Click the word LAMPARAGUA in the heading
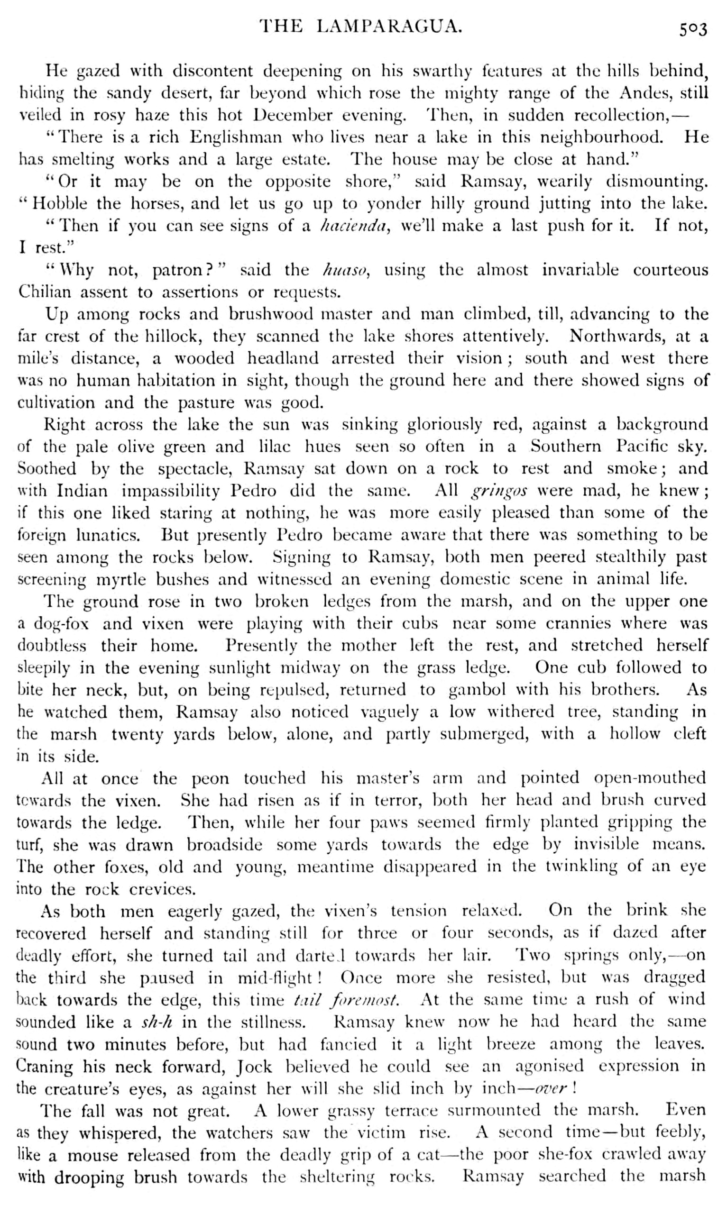[389, 27]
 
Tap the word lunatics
[108, 535]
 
